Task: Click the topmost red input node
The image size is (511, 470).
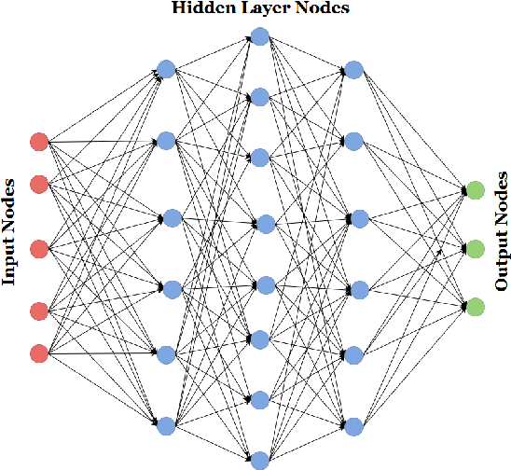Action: [38, 143]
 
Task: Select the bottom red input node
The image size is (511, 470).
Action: [38, 353]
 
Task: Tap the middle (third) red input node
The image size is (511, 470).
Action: [38, 248]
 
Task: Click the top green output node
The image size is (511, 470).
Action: [475, 191]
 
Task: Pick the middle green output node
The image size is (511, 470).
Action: [475, 249]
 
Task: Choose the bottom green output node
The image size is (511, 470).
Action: [475, 307]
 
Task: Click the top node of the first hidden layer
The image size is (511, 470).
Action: [166, 68]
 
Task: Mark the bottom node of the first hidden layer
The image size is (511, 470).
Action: [166, 426]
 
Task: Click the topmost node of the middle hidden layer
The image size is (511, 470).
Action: [260, 37]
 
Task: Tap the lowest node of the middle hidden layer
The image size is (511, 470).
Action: [260, 459]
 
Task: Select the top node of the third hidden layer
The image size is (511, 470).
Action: [353, 70]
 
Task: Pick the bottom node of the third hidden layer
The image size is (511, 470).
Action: [353, 426]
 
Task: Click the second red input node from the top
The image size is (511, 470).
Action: [38, 184]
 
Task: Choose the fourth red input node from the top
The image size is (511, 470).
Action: [38, 311]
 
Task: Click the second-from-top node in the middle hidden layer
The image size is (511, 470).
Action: [260, 97]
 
